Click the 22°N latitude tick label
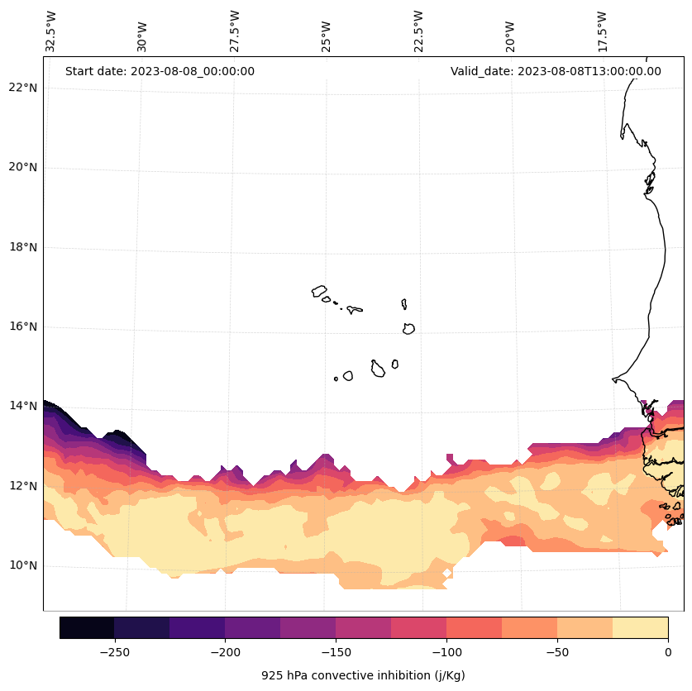(x=19, y=88)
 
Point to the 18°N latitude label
(x=19, y=247)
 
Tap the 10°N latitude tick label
(x=19, y=566)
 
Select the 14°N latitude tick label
(x=19, y=407)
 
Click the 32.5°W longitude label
(x=51, y=31)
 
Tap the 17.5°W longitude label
(x=604, y=31)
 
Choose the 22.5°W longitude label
(x=418, y=31)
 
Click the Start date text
(x=160, y=71)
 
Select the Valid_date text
(x=556, y=71)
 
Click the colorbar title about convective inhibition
(x=363, y=675)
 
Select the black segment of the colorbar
(x=87, y=627)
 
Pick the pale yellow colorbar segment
(x=640, y=627)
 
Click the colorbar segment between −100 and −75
(x=474, y=627)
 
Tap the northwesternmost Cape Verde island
(x=319, y=291)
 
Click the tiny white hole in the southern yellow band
(x=447, y=573)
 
